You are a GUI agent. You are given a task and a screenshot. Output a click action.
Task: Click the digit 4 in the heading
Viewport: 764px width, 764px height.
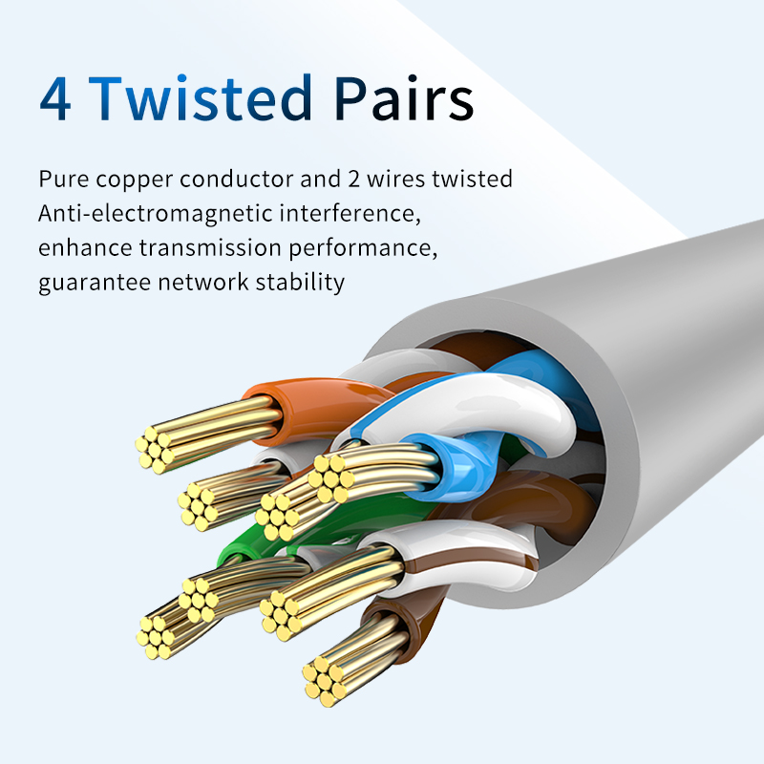[x=55, y=99]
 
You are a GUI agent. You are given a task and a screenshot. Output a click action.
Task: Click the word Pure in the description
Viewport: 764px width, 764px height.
[x=64, y=180]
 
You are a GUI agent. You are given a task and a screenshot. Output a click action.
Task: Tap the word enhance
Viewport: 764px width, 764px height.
[x=85, y=248]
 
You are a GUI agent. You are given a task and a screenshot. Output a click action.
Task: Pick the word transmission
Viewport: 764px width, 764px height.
[x=208, y=248]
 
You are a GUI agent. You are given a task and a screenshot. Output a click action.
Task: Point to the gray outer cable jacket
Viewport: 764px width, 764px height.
[x=668, y=363]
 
